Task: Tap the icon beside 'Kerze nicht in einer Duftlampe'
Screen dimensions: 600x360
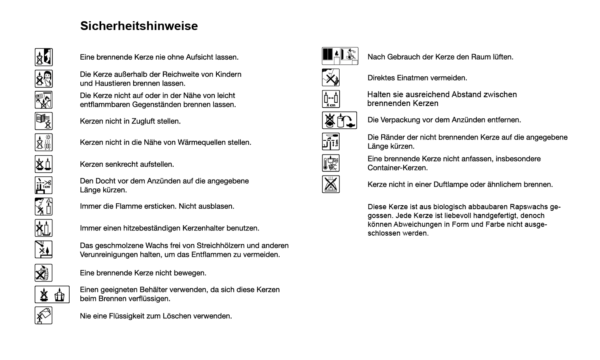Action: (332, 185)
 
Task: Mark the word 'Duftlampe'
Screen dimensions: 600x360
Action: (453, 185)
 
